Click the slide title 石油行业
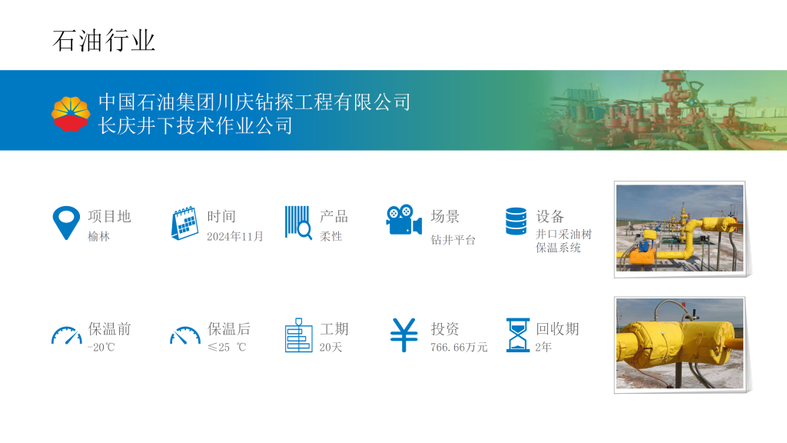[104, 41]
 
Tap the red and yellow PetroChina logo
[71, 114]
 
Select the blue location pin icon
[66, 222]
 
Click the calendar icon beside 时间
[184, 223]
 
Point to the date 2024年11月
[235, 236]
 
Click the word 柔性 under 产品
[330, 236]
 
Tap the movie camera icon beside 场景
[404, 219]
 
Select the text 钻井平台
[453, 240]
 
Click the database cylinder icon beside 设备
[516, 221]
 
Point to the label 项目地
[109, 216]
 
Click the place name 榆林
[98, 237]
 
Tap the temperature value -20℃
[101, 347]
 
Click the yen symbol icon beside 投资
[404, 335]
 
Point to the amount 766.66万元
[459, 347]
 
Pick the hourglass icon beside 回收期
[518, 335]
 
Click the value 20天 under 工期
[330, 347]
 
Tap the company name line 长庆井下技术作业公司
[195, 125]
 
